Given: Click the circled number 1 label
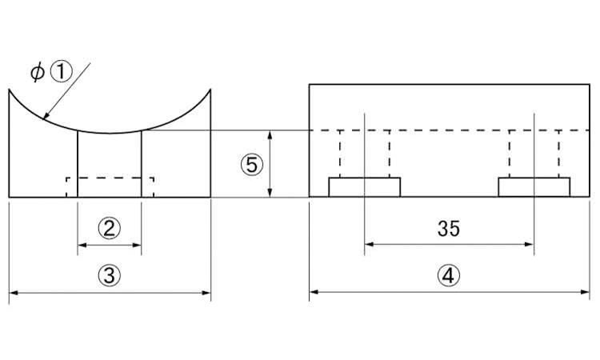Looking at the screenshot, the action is [x=62, y=73].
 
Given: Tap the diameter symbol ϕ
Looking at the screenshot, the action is [x=38, y=72].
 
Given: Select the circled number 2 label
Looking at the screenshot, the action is [x=110, y=228].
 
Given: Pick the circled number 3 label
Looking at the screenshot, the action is [x=110, y=275].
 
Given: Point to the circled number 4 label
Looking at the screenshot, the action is [x=449, y=275].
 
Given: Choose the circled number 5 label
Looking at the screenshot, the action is [x=252, y=166].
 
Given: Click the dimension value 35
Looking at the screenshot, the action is [x=449, y=228].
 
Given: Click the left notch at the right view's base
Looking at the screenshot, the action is [x=364, y=187].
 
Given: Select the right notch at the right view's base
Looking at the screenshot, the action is [x=534, y=187].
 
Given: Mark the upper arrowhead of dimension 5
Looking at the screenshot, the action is [x=270, y=135].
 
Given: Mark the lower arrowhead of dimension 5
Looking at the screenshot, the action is [x=270, y=193].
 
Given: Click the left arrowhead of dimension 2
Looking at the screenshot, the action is [x=82, y=245].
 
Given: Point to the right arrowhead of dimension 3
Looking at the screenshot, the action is [x=206, y=293].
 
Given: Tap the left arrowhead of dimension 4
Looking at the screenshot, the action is [x=314, y=292].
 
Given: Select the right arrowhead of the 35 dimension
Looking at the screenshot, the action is [x=530, y=244].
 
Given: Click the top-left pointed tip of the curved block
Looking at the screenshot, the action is [x=9, y=89].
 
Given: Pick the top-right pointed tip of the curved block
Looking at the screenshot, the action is [x=210, y=89].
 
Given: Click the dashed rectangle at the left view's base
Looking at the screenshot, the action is [x=110, y=178].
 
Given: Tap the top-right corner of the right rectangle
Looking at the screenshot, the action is [x=590, y=84].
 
